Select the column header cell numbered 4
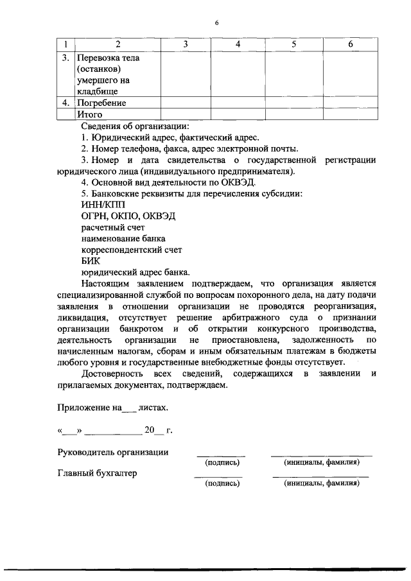pos(238,44)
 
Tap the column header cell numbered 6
pos(350,44)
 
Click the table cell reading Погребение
pos(101,103)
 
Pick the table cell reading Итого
pos(89,114)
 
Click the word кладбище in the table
pos(96,92)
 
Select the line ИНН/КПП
pos(99,204)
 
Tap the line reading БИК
pos(91,261)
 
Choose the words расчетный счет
pos(112,227)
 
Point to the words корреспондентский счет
pos(132,250)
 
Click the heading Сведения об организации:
pos(135,126)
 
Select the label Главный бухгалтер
pos(97,474)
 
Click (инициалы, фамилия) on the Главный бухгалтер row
pos(322,484)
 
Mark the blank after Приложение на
pos(128,408)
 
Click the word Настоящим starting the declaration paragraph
pos(107,283)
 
